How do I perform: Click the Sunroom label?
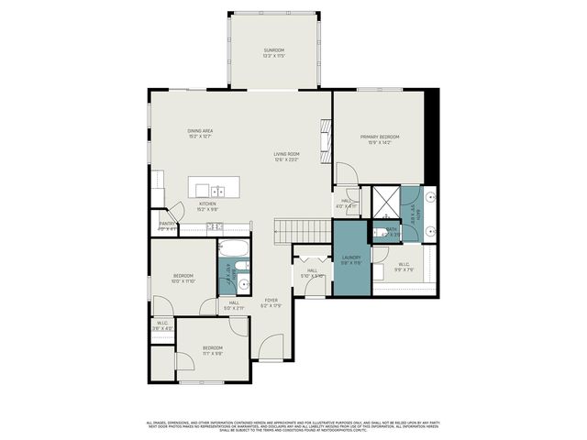[273, 52]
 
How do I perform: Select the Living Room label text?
[286, 157]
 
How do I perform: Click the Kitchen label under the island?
[207, 207]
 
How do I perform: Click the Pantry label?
[167, 225]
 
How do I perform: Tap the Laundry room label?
[352, 260]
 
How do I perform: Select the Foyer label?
[271, 302]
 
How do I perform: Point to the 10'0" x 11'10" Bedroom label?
[183, 279]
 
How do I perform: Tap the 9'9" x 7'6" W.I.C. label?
[404, 267]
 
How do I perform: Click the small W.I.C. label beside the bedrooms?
[161, 325]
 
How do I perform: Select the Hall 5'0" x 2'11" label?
[234, 305]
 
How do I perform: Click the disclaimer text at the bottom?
[293, 425]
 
